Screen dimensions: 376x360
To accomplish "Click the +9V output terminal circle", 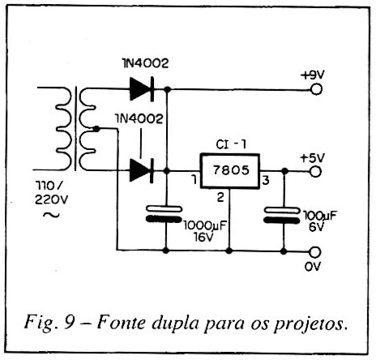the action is point(316,89).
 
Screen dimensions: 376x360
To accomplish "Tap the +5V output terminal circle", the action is point(315,172).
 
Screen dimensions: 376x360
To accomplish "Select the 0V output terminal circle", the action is point(314,252).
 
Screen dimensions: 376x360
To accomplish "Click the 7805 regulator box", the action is point(230,171).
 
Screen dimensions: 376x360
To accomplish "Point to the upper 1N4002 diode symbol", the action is point(142,89).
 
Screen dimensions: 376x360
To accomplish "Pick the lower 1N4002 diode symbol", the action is point(142,170).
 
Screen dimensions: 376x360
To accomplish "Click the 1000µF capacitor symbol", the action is point(164,214).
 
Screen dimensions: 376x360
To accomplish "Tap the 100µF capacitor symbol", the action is point(282,215).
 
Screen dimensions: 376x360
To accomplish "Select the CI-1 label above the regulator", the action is point(231,144).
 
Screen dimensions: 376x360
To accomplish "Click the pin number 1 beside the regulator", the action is point(194,179).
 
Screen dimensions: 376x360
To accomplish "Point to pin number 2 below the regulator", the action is point(220,197).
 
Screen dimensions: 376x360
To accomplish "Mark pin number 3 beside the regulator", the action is point(266,180).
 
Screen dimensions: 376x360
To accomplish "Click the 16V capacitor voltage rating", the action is point(203,237).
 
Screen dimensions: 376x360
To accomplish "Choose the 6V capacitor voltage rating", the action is point(316,227).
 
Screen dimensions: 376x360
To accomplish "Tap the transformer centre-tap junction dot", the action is point(96,129).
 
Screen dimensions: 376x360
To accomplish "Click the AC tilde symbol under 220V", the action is point(51,215).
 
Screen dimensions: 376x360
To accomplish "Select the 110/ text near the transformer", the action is point(49,186).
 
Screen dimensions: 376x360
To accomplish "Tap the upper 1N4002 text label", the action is point(145,63).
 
